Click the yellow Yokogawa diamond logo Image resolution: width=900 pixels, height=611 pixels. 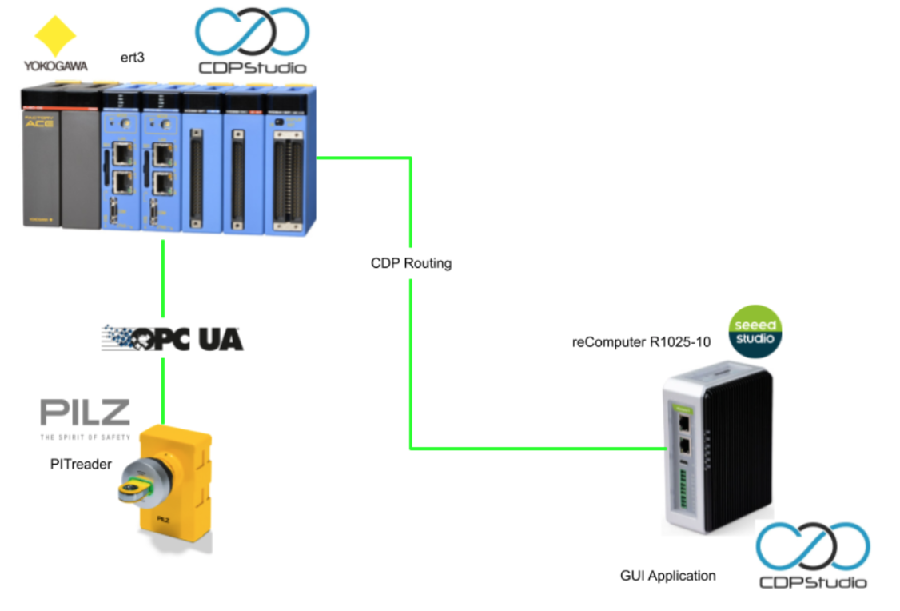point(55,35)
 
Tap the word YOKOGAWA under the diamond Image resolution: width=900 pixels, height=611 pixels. point(54,66)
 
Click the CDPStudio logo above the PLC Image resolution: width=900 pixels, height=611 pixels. point(252,40)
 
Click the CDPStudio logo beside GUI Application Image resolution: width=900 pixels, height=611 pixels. point(812,556)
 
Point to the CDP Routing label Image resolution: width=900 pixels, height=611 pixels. point(411,263)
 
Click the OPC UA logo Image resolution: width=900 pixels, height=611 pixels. point(172,339)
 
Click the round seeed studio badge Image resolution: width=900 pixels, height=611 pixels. point(755,332)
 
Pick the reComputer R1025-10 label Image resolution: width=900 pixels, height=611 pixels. point(641,343)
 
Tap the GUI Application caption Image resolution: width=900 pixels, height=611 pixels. point(668,575)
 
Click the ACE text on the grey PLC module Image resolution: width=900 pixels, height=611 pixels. point(39,122)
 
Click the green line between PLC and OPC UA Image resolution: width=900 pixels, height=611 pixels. point(163,276)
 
